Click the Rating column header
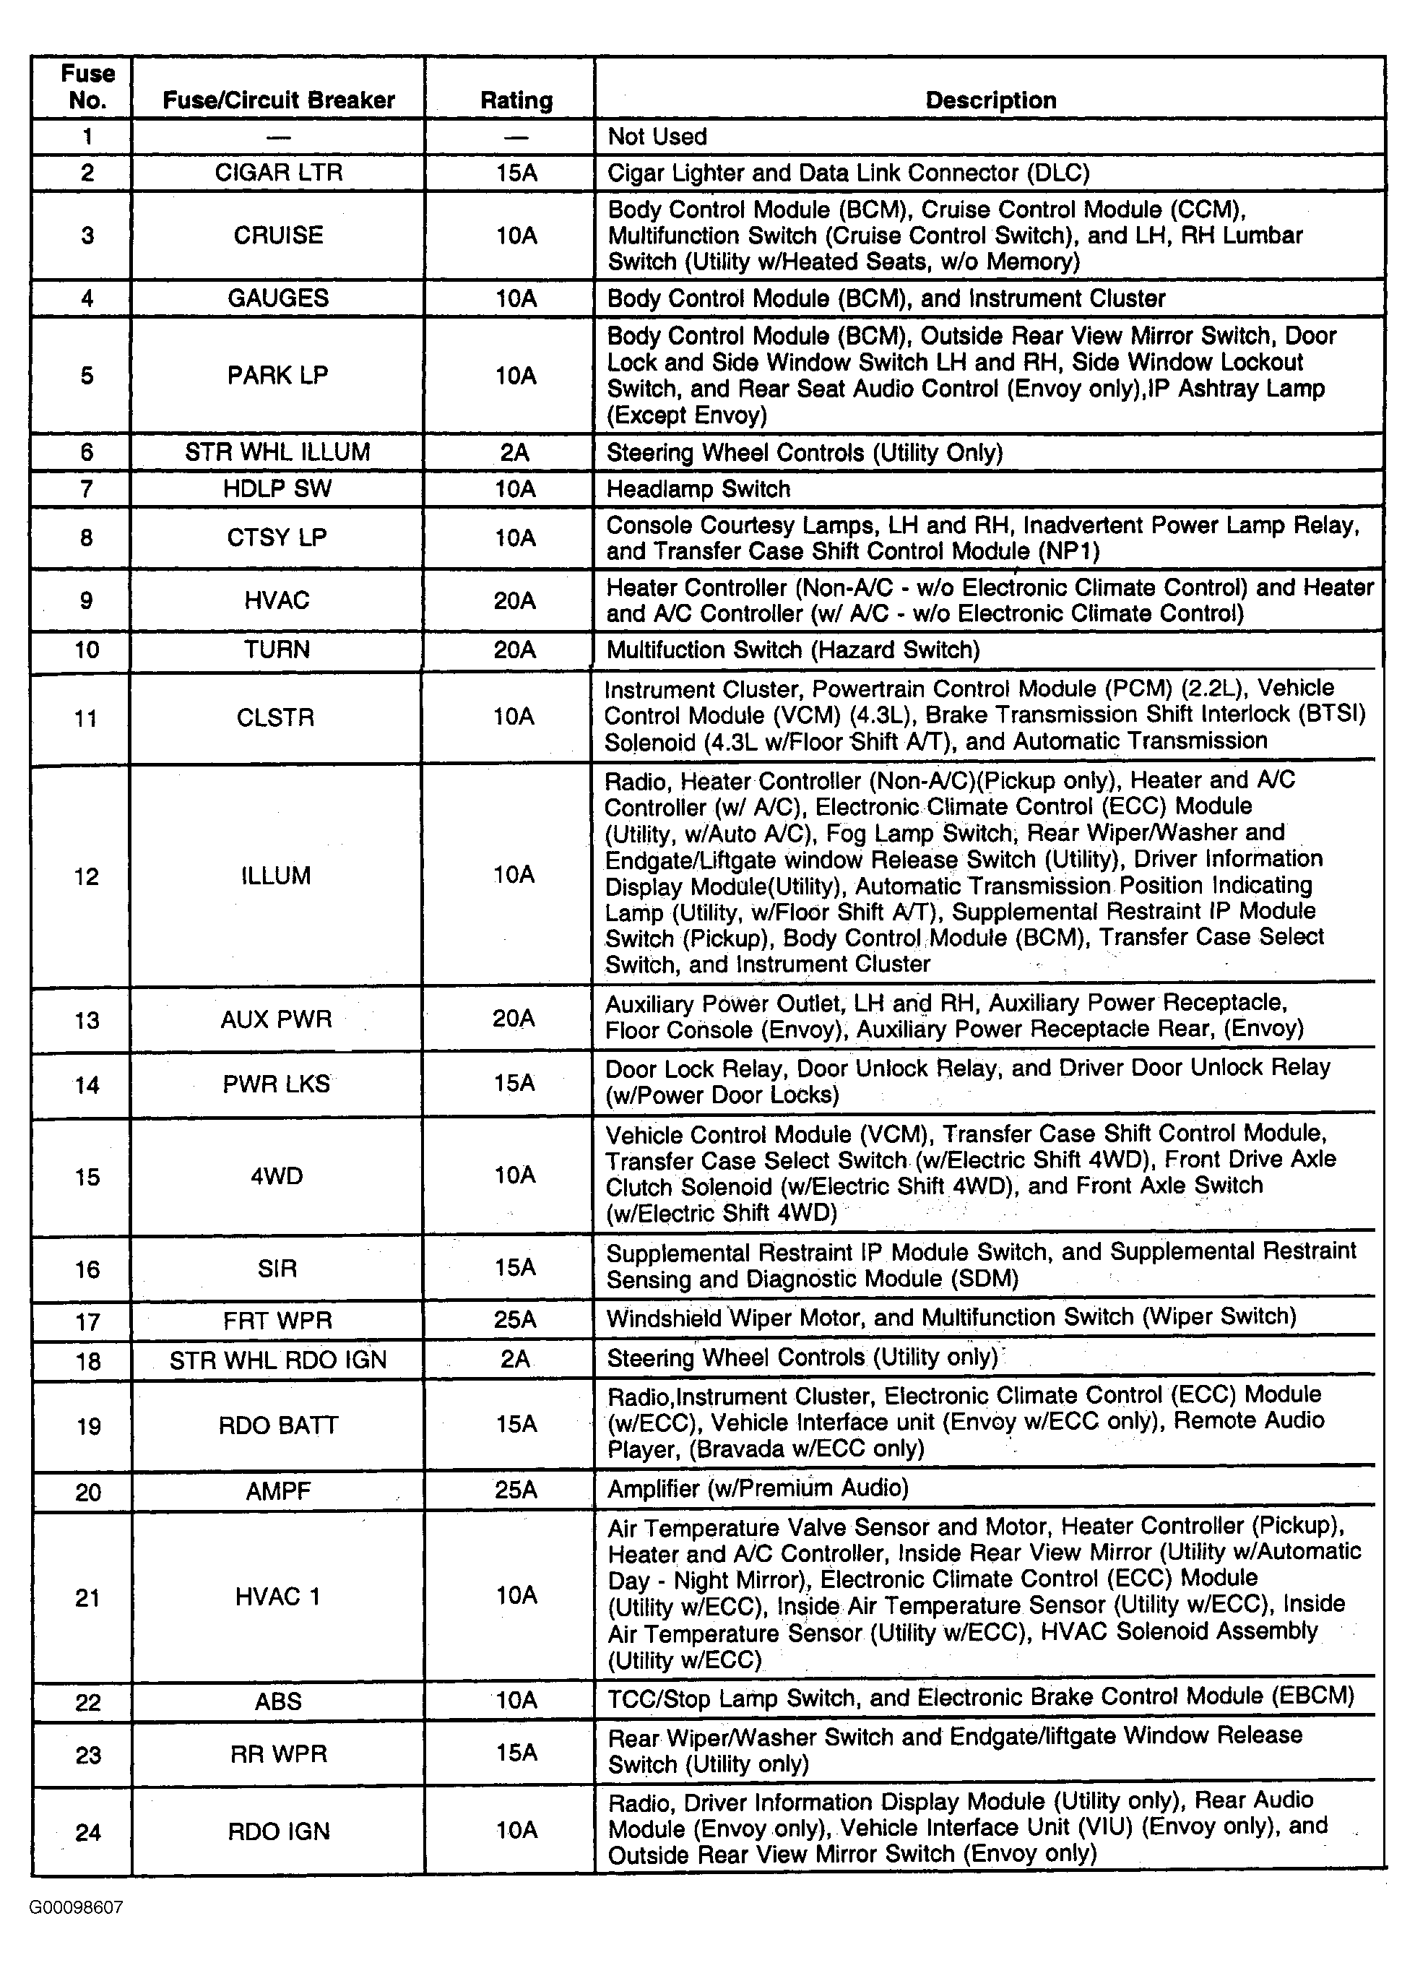tap(516, 100)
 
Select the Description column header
tap(990, 100)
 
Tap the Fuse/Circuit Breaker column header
tap(279, 100)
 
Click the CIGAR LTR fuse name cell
tap(279, 173)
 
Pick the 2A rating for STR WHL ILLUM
tap(515, 452)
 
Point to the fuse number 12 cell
tap(86, 876)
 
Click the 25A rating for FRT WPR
tap(515, 1320)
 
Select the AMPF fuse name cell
tap(277, 1490)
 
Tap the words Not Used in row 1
tap(657, 137)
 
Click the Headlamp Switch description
tap(698, 489)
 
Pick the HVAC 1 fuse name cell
tap(277, 1597)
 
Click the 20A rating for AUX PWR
tap(514, 1019)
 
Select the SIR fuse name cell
tap(277, 1269)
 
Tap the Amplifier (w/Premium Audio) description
tap(758, 1489)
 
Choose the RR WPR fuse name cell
tap(279, 1755)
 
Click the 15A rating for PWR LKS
tap(514, 1083)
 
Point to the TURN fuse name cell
tap(277, 650)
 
